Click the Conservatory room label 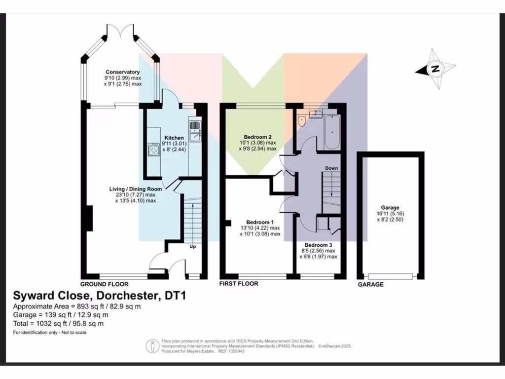[x=122, y=72]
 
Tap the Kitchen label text [x=174, y=138]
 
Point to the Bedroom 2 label [x=257, y=137]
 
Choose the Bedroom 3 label [x=318, y=245]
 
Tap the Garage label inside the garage [x=390, y=208]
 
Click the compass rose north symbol [x=435, y=69]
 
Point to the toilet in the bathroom [x=302, y=119]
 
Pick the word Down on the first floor [x=331, y=168]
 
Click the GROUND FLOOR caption [x=105, y=284]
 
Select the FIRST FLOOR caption [x=239, y=284]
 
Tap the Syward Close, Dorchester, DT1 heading [x=98, y=296]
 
